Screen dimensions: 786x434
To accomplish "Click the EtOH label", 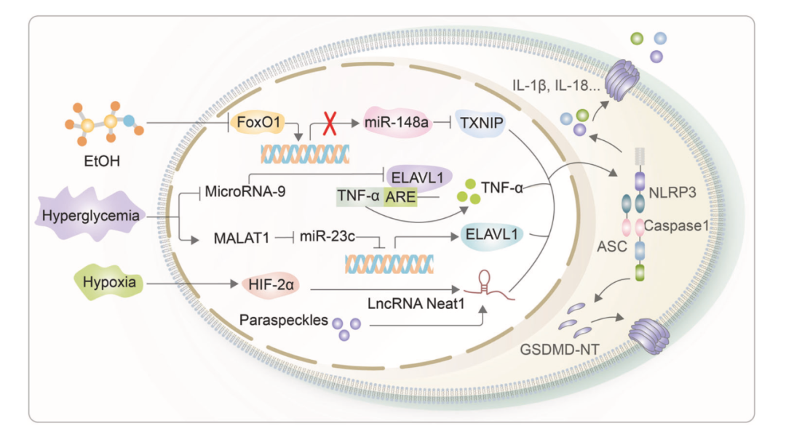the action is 102,161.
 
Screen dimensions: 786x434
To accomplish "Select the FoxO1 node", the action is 258,122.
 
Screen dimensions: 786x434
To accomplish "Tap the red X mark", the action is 330,123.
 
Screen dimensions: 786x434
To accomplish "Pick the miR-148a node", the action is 396,122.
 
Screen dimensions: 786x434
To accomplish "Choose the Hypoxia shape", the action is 108,282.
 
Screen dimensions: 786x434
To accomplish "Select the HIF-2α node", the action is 271,285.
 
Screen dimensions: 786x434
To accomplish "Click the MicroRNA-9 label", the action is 245,191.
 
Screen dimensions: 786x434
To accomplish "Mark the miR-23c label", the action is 327,236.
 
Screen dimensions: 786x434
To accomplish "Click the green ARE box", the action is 400,197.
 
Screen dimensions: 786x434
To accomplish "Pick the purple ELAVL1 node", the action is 417,177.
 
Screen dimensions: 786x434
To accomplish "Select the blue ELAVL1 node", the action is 491,234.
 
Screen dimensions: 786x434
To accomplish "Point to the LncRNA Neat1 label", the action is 416,303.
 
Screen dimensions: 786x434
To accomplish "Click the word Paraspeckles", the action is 284,320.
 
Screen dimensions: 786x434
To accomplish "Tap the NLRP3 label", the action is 672,193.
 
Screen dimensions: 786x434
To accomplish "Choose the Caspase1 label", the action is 676,226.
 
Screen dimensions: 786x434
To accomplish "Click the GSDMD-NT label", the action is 560,350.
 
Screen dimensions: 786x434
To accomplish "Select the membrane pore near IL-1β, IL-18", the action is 622,79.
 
